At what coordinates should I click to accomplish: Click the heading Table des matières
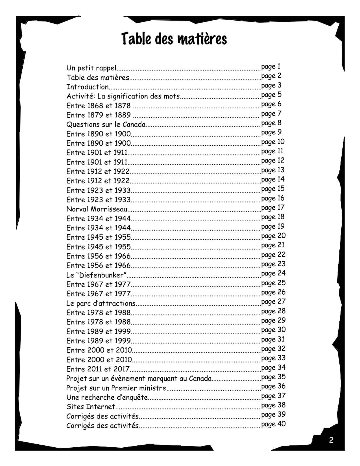tap(174, 39)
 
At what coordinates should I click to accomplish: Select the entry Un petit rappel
tap(91, 68)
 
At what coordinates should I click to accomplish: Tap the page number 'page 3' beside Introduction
tap(271, 85)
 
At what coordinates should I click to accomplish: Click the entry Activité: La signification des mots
tap(123, 96)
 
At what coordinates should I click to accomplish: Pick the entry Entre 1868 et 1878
tap(98, 106)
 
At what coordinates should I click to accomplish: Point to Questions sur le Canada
tap(106, 124)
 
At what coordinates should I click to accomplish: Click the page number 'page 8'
tap(271, 123)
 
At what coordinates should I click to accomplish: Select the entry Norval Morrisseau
tap(97, 209)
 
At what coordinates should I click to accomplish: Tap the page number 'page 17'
tap(272, 208)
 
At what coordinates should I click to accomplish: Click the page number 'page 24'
tap(273, 274)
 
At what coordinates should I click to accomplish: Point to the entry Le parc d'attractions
tap(101, 303)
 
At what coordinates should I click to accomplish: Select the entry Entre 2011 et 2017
tap(98, 369)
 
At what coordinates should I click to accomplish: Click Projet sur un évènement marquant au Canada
tap(139, 379)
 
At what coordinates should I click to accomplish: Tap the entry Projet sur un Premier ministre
tap(116, 388)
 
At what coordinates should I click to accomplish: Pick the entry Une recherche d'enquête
tap(107, 397)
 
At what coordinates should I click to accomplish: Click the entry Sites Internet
tap(91, 407)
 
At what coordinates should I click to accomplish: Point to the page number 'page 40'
tap(273, 424)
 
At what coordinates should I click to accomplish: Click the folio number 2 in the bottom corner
tap(331, 440)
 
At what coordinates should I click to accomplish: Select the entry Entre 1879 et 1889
tap(98, 115)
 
